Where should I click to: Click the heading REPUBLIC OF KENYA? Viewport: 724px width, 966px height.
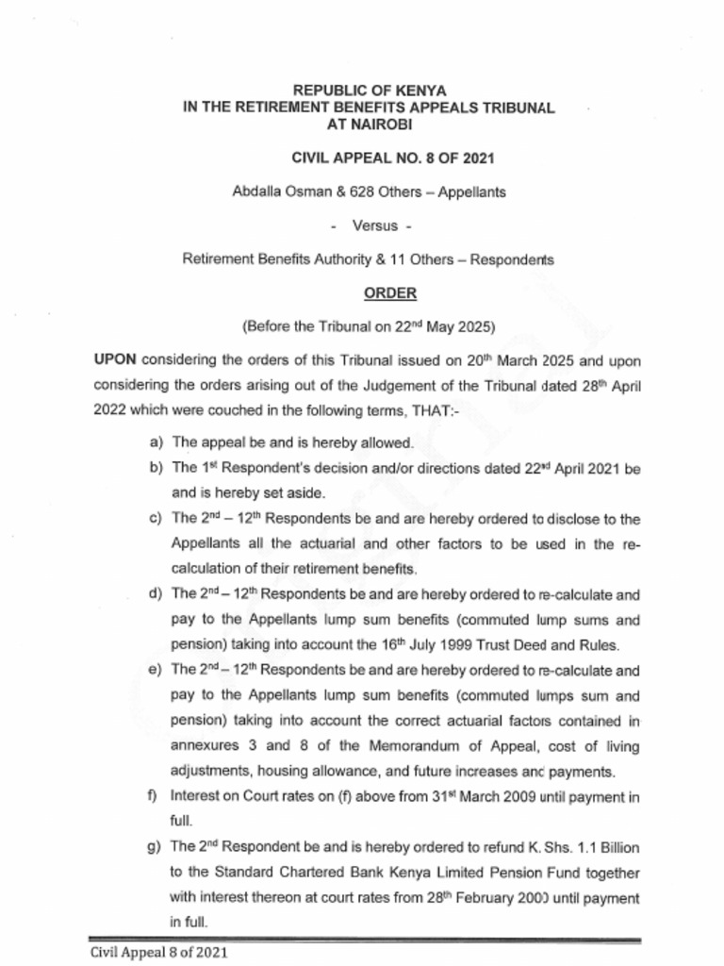tap(369, 91)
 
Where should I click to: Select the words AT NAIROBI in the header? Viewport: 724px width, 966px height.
tap(369, 125)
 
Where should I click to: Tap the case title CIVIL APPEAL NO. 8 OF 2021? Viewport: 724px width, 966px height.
tap(393, 158)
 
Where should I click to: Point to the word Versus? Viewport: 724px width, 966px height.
tap(374, 225)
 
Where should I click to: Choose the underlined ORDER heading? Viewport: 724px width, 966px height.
tap(390, 292)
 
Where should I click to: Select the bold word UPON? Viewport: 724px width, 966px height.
tap(115, 360)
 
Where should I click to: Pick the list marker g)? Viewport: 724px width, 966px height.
tap(155, 846)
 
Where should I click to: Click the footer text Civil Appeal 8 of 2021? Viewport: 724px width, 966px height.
tap(159, 952)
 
